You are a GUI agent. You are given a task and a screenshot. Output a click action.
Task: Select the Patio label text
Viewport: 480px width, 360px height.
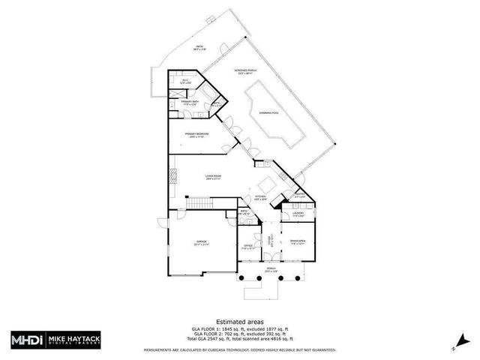tap(199, 47)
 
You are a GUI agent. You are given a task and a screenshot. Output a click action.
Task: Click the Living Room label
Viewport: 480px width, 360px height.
tap(214, 178)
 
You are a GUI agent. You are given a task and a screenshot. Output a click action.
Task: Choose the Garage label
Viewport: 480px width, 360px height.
tap(201, 244)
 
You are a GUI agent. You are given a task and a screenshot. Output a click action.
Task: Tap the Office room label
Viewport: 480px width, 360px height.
tap(248, 246)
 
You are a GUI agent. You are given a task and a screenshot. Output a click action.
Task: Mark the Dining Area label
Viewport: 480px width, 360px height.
tap(298, 241)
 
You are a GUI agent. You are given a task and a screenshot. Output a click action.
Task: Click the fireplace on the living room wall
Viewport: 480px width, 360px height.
tap(172, 178)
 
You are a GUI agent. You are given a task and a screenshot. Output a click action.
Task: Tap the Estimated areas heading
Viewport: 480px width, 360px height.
tap(239, 321)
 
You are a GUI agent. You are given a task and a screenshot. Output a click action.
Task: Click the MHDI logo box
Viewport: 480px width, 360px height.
tap(27, 340)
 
